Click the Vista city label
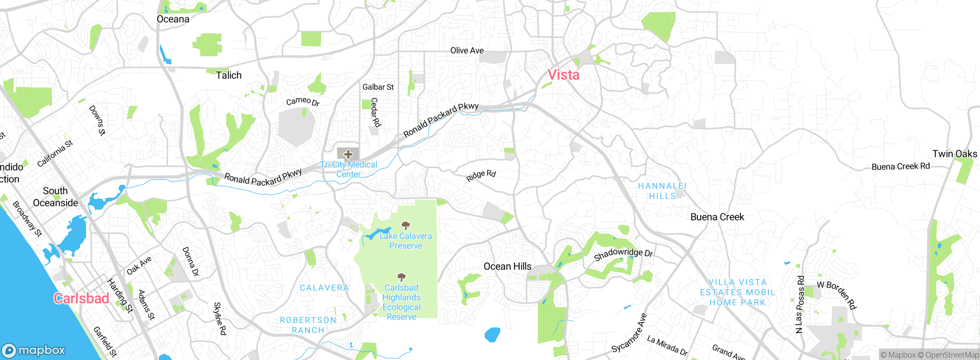[x=563, y=75]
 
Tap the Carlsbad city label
[x=82, y=298]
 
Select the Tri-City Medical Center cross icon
[x=348, y=154]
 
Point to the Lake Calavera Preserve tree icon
[x=405, y=225]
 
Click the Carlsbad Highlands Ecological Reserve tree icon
[x=401, y=277]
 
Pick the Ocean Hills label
[x=508, y=267]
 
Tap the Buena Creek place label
[x=717, y=217]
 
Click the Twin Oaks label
[x=955, y=154]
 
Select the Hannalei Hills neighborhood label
[x=662, y=191]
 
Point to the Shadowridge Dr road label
[x=623, y=254]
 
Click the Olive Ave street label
[x=467, y=51]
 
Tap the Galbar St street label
[x=378, y=87]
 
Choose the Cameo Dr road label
[x=302, y=101]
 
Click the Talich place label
[x=229, y=75]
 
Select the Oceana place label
[x=173, y=19]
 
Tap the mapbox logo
[x=34, y=350]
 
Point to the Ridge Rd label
[x=481, y=175]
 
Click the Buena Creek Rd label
[x=900, y=167]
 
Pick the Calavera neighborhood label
[x=324, y=288]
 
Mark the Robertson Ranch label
[x=308, y=325]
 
